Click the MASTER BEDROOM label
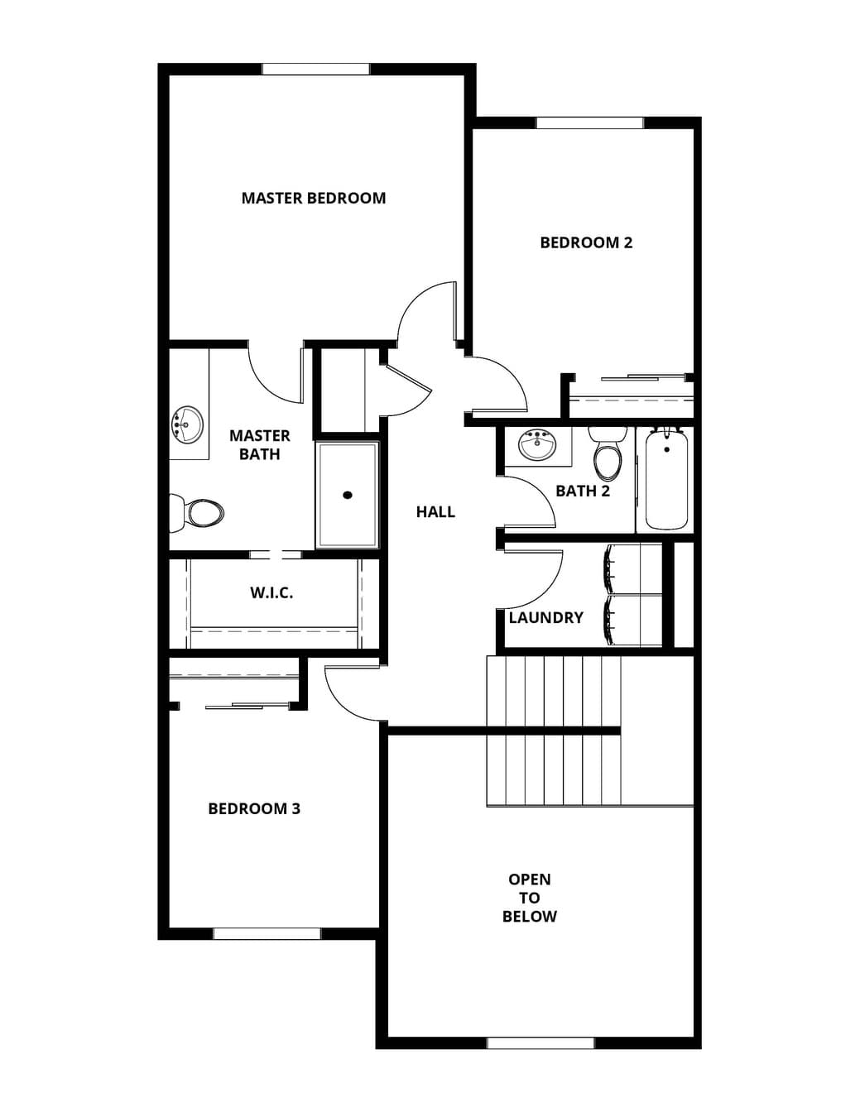313,198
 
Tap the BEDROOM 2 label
586,242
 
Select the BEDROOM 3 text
254,809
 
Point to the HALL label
435,511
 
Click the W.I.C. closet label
271,593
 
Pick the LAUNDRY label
545,618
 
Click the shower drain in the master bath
348,495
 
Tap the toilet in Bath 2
608,453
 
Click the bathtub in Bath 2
666,478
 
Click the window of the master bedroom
316,69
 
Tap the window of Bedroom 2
589,122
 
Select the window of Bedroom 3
267,934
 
